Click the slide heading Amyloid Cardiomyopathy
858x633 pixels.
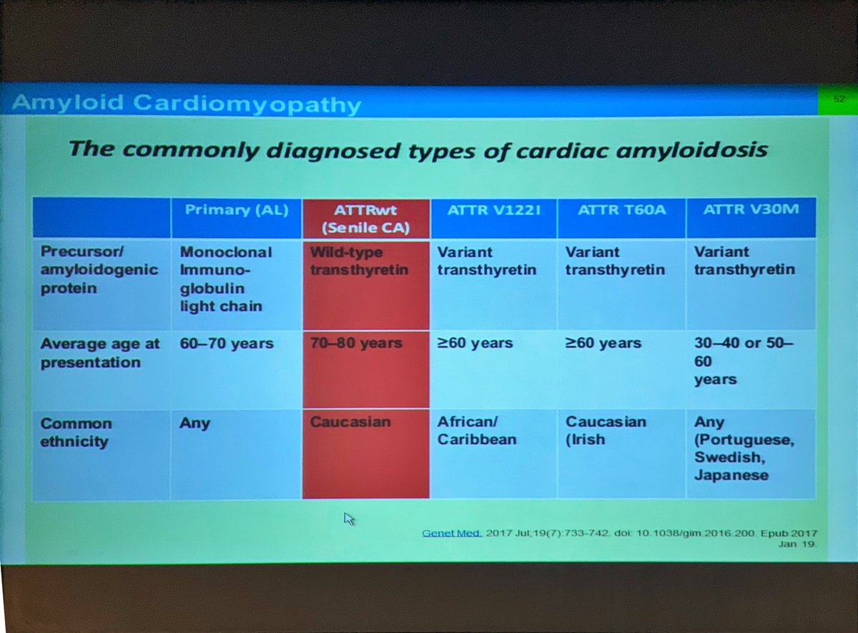click(x=187, y=104)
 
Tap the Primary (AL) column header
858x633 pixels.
click(x=236, y=210)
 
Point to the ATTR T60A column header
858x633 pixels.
click(x=621, y=211)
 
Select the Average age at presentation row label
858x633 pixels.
click(x=100, y=353)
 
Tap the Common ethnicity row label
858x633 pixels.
click(x=76, y=432)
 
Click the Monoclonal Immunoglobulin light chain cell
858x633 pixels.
click(x=226, y=279)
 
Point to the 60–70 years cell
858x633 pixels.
click(x=227, y=343)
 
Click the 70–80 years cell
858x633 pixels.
click(x=356, y=343)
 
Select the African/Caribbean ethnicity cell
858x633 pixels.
click(x=477, y=431)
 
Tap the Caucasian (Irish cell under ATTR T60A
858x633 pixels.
click(x=606, y=431)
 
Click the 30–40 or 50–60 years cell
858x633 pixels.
click(x=744, y=360)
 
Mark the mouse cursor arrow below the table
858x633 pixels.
click(x=349, y=519)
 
